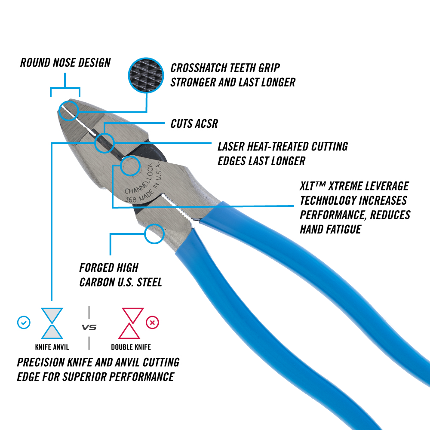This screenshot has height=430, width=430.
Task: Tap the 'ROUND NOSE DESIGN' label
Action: point(65,62)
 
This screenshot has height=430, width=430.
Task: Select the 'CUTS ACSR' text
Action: point(194,124)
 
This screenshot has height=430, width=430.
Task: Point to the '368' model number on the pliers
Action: point(130,199)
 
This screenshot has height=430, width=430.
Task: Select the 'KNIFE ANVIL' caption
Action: point(52,347)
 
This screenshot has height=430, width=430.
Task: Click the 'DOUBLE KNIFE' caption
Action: point(131,347)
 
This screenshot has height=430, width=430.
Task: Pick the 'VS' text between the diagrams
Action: point(89,328)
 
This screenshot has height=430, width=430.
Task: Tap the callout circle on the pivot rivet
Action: point(129,166)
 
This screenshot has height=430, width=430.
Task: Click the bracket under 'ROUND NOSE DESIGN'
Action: point(65,89)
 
